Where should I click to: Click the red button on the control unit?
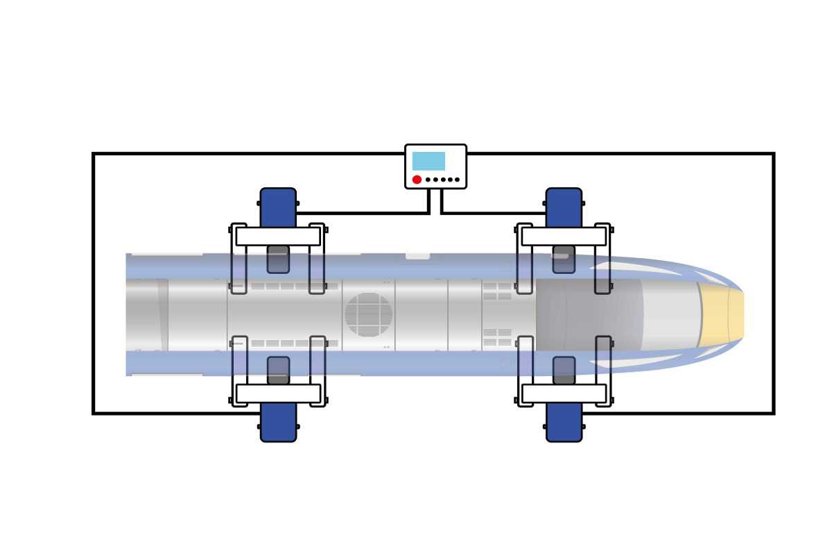pos(417,180)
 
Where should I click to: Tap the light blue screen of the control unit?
pos(428,161)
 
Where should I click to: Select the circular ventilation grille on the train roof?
pos(368,315)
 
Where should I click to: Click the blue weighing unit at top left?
pos(278,206)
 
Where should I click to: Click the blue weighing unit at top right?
pos(564,206)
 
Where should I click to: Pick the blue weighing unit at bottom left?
pos(278,422)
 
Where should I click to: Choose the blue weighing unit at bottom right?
pos(564,422)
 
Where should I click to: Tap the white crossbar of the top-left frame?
pos(278,237)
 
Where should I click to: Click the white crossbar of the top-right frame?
pos(564,237)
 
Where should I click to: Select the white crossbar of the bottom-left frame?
pos(278,393)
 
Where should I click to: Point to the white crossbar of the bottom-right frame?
pos(564,393)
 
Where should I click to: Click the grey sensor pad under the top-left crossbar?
pos(278,259)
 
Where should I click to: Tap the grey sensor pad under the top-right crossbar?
pos(564,259)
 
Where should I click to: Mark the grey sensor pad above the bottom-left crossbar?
pos(278,370)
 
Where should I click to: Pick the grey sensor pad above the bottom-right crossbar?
pos(564,370)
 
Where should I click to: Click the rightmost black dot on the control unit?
pos(457,180)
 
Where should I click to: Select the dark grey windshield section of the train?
pos(589,315)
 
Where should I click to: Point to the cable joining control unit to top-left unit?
pos(361,213)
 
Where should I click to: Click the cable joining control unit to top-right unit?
pos(492,213)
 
